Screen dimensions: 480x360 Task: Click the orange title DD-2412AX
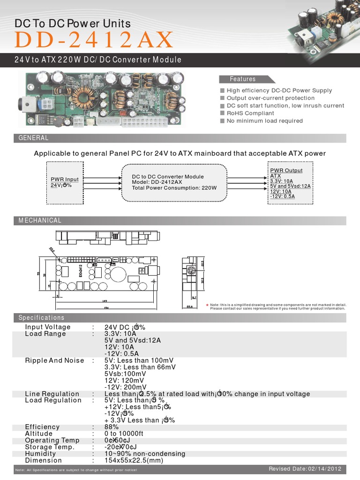tap(94, 40)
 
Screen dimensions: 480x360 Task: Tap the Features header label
tap(242, 79)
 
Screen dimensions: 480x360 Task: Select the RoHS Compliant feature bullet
tap(250, 113)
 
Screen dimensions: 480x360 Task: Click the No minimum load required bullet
tap(264, 120)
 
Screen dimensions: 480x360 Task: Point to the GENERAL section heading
tap(33, 138)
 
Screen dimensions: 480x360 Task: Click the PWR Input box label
tap(65, 180)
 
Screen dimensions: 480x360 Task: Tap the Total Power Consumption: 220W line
tap(174, 187)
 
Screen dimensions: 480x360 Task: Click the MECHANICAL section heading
tap(40, 220)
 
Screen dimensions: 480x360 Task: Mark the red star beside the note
tap(207, 304)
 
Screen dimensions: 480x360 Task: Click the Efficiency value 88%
tap(112, 427)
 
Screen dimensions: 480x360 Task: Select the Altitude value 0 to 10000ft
tap(124, 434)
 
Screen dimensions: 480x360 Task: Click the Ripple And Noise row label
tap(54, 360)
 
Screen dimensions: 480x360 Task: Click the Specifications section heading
tap(41, 318)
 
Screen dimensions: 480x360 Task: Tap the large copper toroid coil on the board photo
tap(82, 96)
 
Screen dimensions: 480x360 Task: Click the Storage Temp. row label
tap(50, 447)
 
